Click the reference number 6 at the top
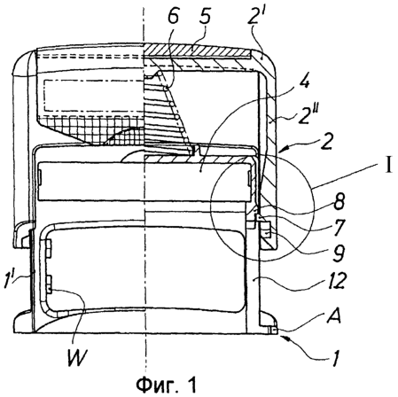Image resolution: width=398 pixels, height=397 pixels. pyautogui.click(x=174, y=17)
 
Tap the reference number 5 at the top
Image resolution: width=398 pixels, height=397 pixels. pyautogui.click(x=205, y=16)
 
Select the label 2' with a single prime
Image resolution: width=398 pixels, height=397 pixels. pyautogui.click(x=254, y=16)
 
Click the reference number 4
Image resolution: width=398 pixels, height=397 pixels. pyautogui.click(x=304, y=81)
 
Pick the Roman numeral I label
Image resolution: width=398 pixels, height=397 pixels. pyautogui.click(x=389, y=165)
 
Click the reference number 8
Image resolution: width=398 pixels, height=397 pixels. pyautogui.click(x=339, y=202)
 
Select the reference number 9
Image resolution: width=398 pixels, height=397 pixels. pyautogui.click(x=338, y=253)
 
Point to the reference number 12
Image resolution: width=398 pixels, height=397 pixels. pyautogui.click(x=337, y=281)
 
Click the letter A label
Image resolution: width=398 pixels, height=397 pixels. pyautogui.click(x=333, y=315)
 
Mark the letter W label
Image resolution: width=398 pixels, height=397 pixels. pyautogui.click(x=77, y=357)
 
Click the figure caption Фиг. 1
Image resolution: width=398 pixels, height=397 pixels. pyautogui.click(x=167, y=385)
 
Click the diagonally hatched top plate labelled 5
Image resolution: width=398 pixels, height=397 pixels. pyautogui.click(x=198, y=51)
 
